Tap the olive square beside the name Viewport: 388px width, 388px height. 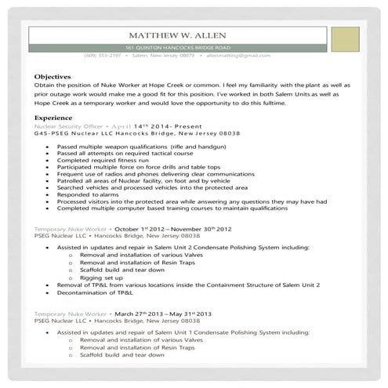tap(345, 39)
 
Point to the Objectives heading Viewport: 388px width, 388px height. tap(53, 76)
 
